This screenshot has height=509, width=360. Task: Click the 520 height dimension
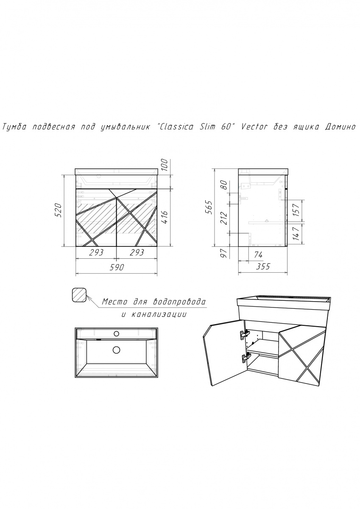58,210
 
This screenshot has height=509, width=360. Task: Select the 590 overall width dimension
117,267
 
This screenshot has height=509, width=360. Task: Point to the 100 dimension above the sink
165,165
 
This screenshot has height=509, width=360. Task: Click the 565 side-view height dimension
209,207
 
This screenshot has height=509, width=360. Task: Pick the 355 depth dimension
263,266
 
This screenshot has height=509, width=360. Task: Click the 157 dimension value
296,210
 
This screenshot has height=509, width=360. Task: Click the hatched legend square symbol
79,295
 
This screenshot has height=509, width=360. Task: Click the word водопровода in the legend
179,302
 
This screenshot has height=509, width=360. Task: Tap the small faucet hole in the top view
117,333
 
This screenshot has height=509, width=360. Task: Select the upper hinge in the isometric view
245,334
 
